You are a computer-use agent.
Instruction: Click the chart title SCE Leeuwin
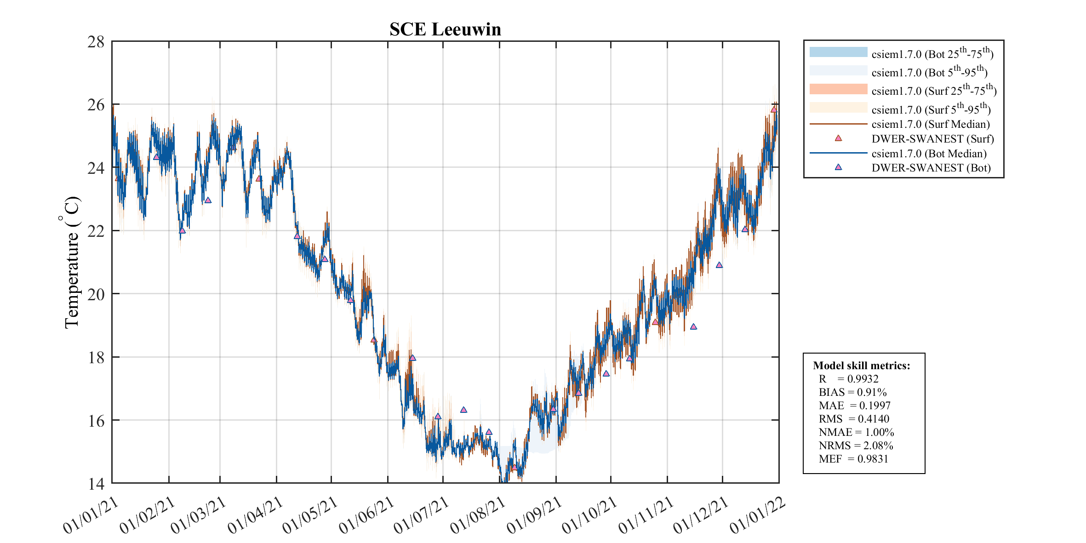pos(445,29)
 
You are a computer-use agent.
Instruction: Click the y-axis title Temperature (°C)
pos(72,262)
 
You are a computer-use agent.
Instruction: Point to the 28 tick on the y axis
pos(96,42)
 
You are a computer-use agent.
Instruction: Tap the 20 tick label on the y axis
pos(96,294)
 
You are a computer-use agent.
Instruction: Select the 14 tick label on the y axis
pos(96,484)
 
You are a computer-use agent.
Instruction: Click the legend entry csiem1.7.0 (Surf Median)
pos(931,124)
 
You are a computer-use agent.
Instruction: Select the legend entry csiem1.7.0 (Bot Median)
pos(929,154)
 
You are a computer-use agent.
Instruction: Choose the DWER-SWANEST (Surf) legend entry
pos(932,139)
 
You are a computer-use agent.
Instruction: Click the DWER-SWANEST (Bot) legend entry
pos(931,168)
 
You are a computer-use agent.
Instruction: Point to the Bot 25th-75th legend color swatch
pos(838,52)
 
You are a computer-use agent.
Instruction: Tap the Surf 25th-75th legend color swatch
pos(838,89)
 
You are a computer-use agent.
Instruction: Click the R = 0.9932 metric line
pos(848,379)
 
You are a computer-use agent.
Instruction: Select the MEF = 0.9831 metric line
pos(853,459)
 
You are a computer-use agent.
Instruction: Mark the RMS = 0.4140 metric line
pos(854,419)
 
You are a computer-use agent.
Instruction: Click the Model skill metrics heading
pos(861,366)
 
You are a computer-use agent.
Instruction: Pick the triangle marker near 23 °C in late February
pos(208,200)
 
